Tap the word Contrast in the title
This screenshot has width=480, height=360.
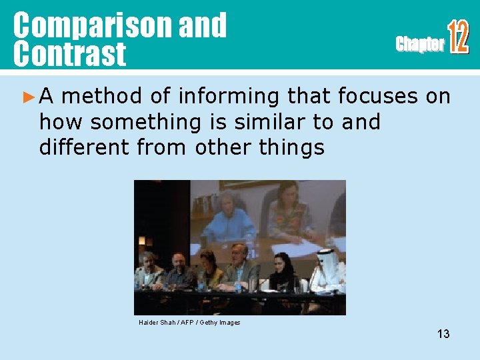click(69, 53)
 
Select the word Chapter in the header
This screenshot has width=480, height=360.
click(419, 45)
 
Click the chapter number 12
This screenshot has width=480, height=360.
click(458, 37)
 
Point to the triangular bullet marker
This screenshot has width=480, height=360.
click(27, 97)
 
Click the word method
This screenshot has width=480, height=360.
click(101, 97)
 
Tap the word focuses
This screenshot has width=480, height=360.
click(379, 97)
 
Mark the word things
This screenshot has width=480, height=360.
click(292, 147)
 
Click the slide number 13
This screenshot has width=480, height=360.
click(443, 334)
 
